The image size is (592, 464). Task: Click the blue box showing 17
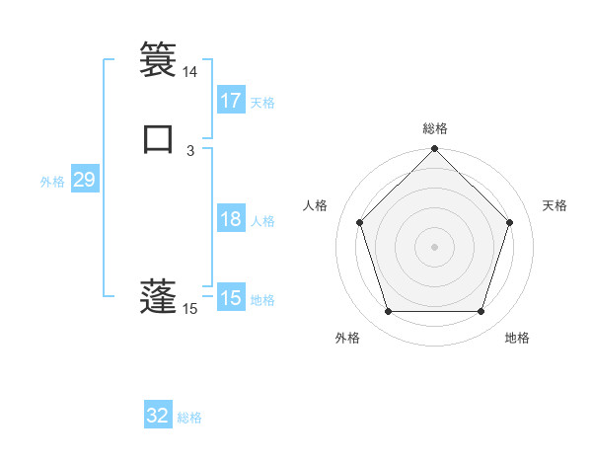click(231, 101)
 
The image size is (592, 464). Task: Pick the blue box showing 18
click(231, 219)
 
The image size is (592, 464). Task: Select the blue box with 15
click(231, 298)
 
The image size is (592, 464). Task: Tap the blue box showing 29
click(84, 180)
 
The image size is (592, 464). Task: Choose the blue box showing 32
click(158, 416)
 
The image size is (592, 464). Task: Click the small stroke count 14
click(189, 72)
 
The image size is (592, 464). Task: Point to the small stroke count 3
click(190, 151)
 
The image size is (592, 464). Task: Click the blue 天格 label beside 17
click(262, 103)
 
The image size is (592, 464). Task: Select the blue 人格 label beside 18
click(262, 221)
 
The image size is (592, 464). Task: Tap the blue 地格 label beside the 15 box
click(262, 300)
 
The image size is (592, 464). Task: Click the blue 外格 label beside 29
click(52, 182)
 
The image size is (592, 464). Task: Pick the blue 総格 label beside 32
click(189, 418)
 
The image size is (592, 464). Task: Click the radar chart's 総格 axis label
click(435, 128)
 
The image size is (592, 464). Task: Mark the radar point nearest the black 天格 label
click(510, 222)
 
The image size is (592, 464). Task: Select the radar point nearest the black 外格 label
click(388, 312)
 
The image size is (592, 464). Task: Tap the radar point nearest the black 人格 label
click(359, 222)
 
